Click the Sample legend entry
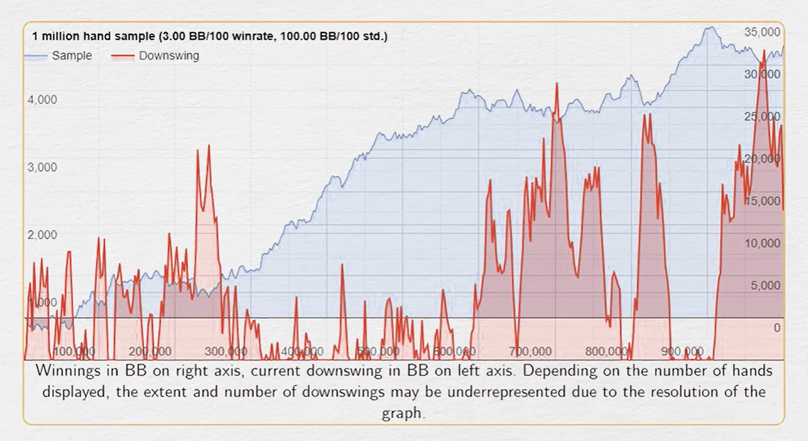(71, 56)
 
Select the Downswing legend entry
(169, 56)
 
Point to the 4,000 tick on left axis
(42, 100)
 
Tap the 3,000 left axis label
(42, 167)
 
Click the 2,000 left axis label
(42, 235)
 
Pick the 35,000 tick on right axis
(762, 32)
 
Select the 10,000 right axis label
(762, 243)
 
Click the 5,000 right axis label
(765, 286)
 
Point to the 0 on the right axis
(776, 328)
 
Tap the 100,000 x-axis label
(74, 351)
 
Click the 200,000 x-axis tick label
(150, 351)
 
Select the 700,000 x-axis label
(530, 351)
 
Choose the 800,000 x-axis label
(606, 351)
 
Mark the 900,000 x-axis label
(682, 351)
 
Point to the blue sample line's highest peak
(711, 28)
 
